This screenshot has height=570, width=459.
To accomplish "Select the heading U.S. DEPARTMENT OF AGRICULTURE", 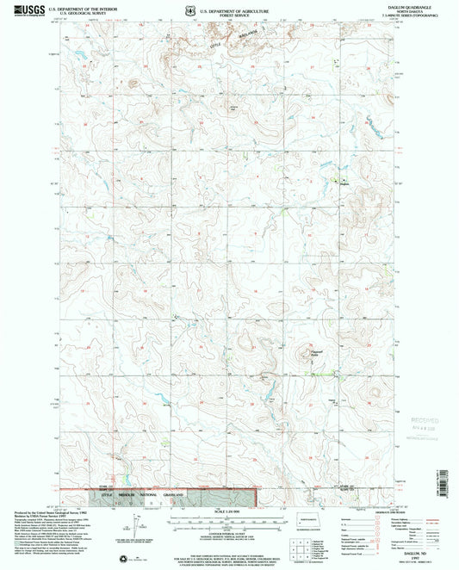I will tap(226, 8).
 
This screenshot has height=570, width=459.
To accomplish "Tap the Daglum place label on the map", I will tap(344, 183).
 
